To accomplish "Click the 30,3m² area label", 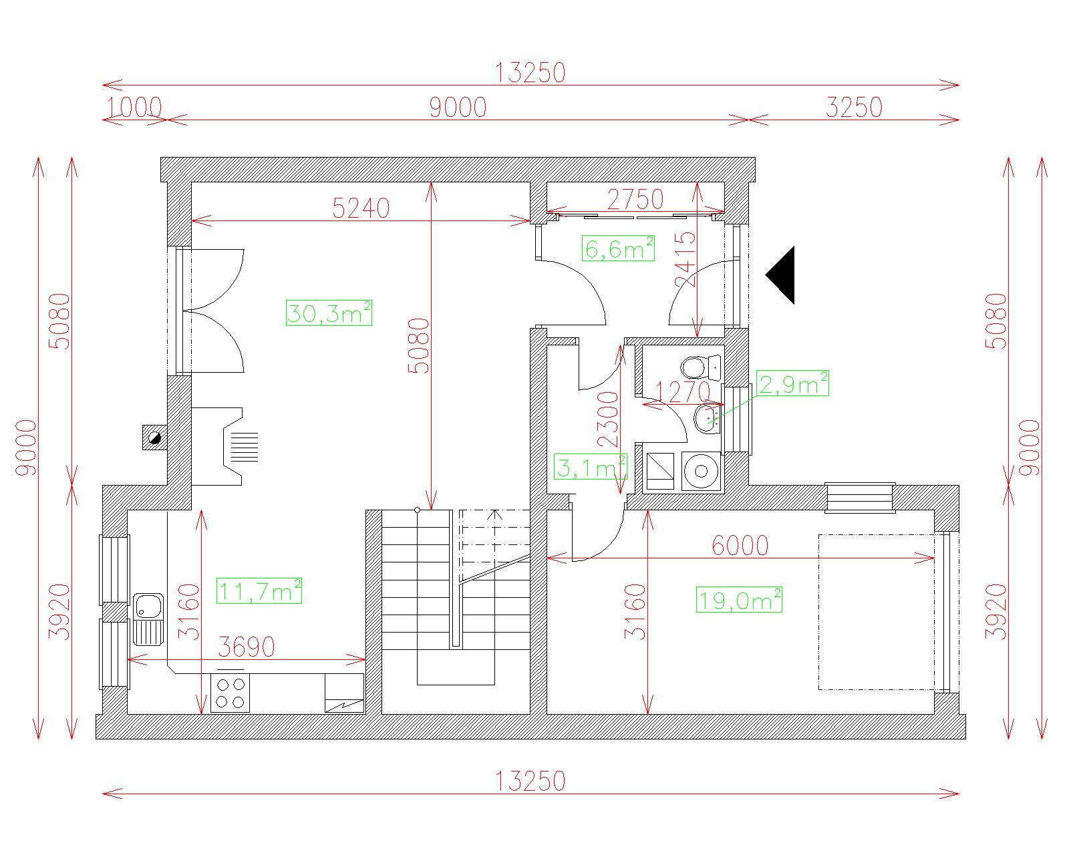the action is coord(329,313).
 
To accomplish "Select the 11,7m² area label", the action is coord(259,590).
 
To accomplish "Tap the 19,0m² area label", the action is coord(739,600).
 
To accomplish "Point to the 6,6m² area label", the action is coord(618,248).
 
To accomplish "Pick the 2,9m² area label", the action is coord(793,383).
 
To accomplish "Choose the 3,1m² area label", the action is coord(590,466).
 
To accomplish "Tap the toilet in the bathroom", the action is coord(700,367).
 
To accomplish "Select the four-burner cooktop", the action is coord(230,693).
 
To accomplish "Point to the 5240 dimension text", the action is coord(361,208).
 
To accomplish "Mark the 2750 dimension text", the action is coord(635,200).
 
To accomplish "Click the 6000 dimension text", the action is coord(740,546).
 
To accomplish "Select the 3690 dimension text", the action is coord(247,647).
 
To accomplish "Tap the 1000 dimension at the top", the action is coord(134,108).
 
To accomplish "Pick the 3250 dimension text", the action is coord(854,108).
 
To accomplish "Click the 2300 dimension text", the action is coord(608,419).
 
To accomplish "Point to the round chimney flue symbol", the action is coord(155,438).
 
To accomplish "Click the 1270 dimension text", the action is coord(683,392).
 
